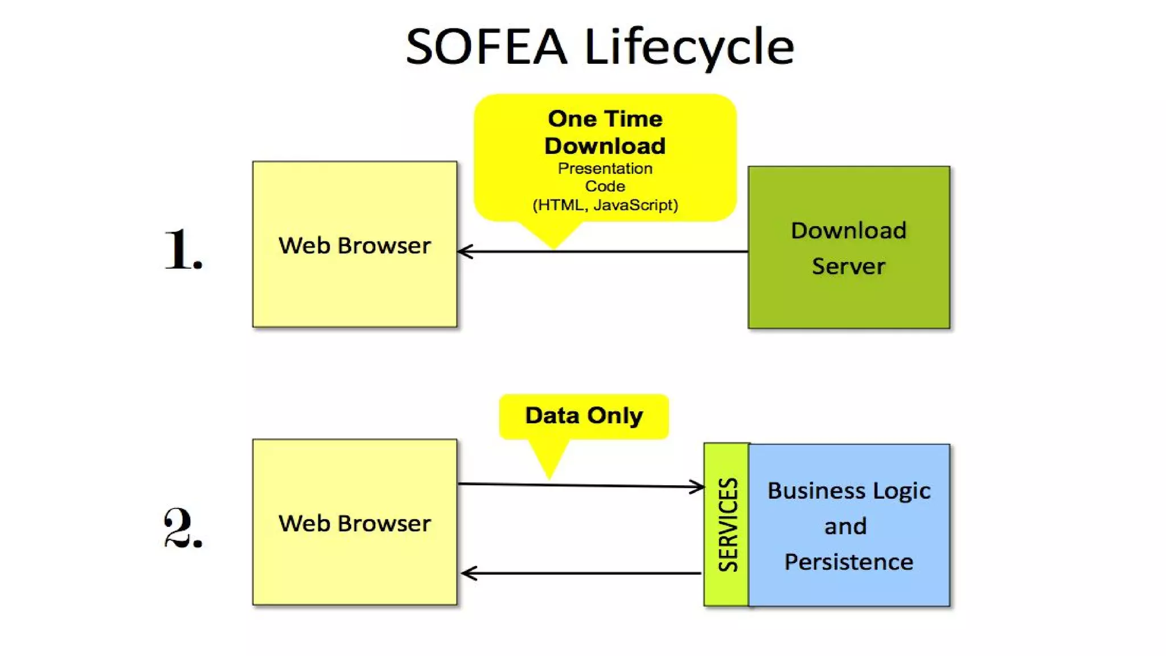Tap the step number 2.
(183, 528)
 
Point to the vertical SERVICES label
(727, 524)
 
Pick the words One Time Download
(605, 132)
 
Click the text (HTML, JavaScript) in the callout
(605, 205)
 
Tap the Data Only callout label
(584, 416)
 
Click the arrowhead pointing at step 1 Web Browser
(464, 251)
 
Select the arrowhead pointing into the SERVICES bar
(697, 487)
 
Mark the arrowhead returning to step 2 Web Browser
(467, 573)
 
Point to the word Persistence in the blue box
(848, 562)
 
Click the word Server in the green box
(848, 266)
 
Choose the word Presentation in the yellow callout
(605, 169)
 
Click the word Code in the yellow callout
(605, 186)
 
